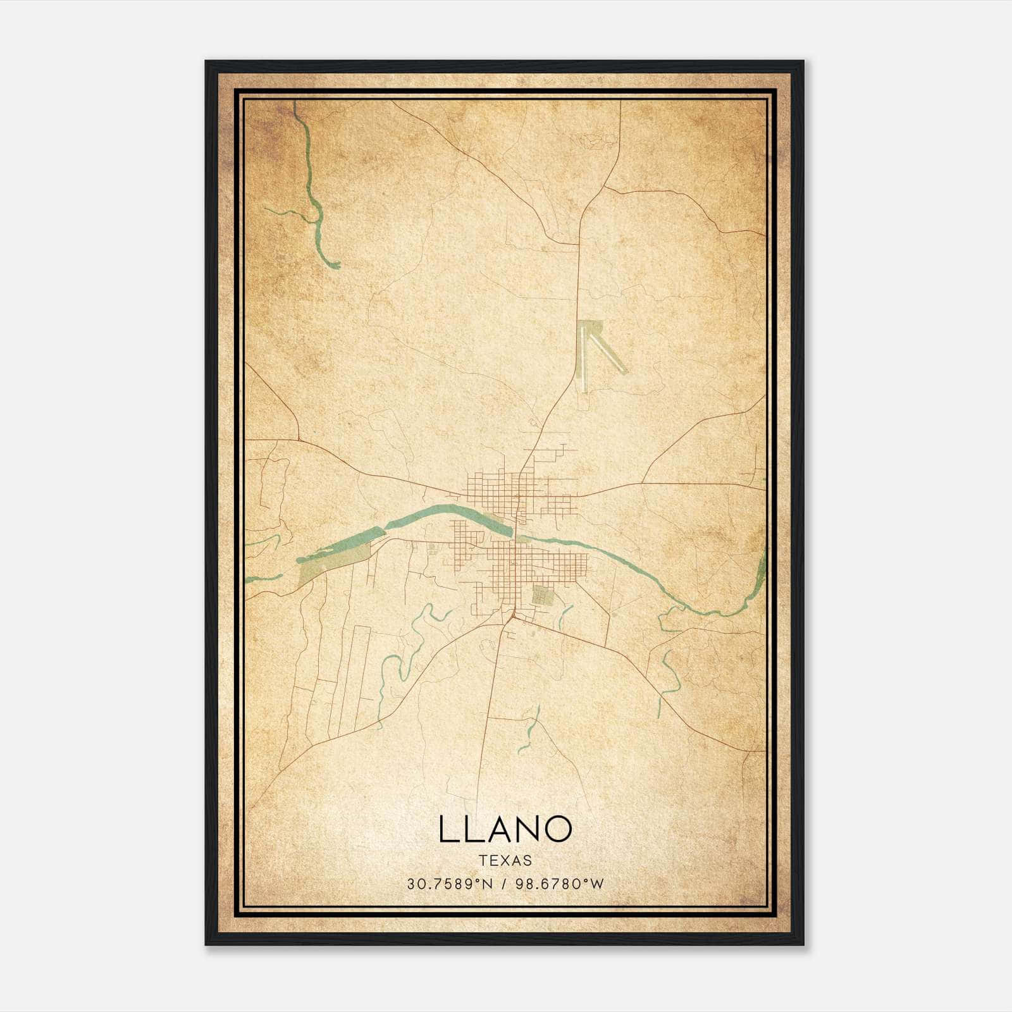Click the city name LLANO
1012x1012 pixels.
click(505, 829)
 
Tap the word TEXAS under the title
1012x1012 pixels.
click(505, 860)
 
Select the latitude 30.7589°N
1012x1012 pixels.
click(449, 884)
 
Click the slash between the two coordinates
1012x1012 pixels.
click(505, 884)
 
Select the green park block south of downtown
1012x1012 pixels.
click(541, 595)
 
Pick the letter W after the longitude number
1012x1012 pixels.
click(598, 884)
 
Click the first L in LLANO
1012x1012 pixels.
click(446, 829)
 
